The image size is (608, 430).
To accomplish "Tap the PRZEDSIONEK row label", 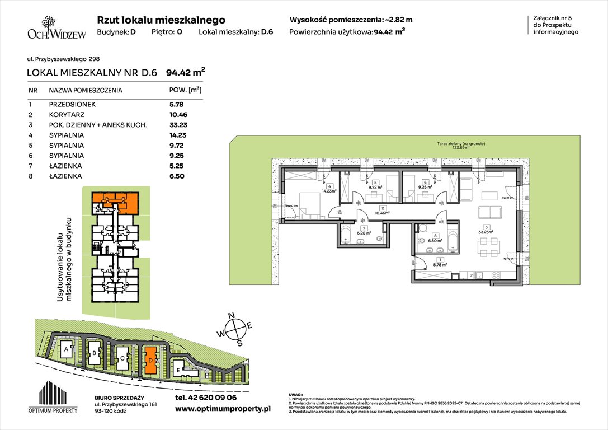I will pos(72,104).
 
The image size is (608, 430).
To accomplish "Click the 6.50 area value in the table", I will pos(176,176).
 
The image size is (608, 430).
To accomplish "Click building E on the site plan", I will pos(178,370).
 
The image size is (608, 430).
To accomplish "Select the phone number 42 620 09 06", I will pos(205,398).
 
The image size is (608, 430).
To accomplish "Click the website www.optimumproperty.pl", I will pos(223,409).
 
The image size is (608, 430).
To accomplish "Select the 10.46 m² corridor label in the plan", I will pos(381,213).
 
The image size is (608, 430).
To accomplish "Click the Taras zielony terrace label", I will pos(458,147).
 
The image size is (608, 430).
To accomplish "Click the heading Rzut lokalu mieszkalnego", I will pos(161,20).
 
